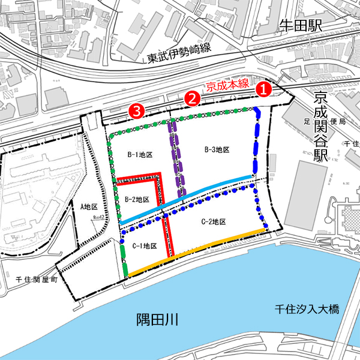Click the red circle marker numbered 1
(x=265, y=88)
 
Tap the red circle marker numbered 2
(x=192, y=98)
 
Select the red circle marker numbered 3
(x=137, y=110)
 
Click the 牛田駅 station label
(x=301, y=25)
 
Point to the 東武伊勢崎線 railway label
(x=179, y=56)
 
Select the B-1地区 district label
(x=139, y=155)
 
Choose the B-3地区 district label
(x=217, y=149)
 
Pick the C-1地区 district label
(x=144, y=246)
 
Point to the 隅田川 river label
(x=157, y=317)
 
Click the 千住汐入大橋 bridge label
(x=307, y=310)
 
